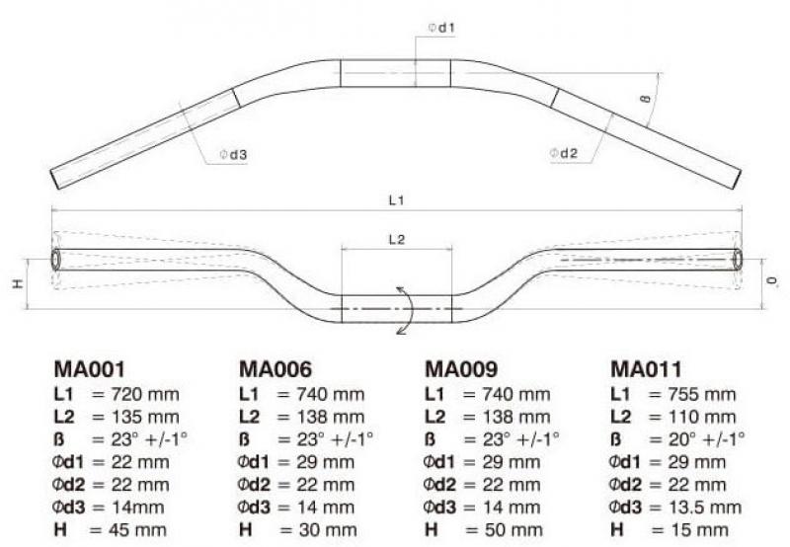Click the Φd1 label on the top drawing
click(x=441, y=28)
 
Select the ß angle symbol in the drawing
click(x=644, y=98)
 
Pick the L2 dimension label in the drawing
click(x=396, y=239)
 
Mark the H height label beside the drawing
click(x=17, y=284)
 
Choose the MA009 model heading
click(x=461, y=370)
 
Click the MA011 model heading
click(x=647, y=370)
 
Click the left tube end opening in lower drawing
click(x=55, y=260)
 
